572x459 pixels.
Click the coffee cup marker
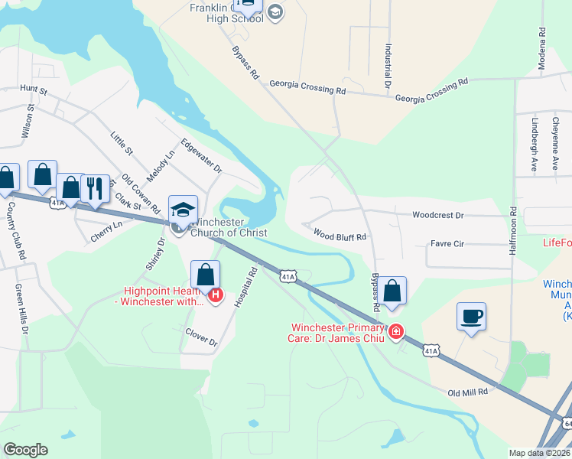[x=472, y=316]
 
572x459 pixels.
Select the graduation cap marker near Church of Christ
[x=184, y=210]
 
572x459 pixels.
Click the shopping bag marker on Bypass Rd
[x=392, y=291]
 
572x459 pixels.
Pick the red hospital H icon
[x=216, y=295]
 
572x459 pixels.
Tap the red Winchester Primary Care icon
[x=396, y=331]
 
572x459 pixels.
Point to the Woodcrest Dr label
[x=438, y=216]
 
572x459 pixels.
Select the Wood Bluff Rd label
[x=340, y=237]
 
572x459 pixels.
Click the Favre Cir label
[x=447, y=244]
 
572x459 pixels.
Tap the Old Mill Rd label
[x=467, y=391]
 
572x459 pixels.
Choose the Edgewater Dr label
[x=201, y=155]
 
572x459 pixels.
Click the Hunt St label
[x=34, y=91]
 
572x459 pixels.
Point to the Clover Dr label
[x=202, y=337]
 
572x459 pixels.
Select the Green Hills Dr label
[x=21, y=310]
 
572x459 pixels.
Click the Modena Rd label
[x=541, y=48]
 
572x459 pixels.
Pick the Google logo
[x=25, y=450]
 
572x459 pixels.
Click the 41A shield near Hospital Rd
[x=287, y=276]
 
